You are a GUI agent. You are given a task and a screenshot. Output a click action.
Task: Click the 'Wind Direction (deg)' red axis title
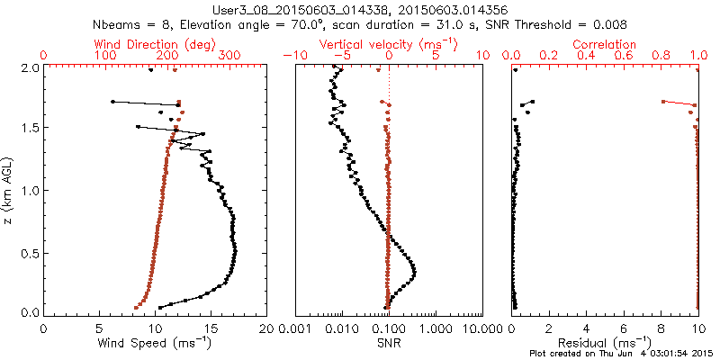(155, 43)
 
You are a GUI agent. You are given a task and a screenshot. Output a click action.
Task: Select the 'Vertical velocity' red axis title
(389, 43)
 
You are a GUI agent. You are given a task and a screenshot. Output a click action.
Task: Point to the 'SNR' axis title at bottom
(389, 343)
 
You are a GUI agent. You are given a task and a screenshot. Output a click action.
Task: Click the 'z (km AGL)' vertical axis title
(8, 190)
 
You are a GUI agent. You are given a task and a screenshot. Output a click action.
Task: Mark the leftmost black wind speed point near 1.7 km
(112, 102)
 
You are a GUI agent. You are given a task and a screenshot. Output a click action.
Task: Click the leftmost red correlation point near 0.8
(663, 102)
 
